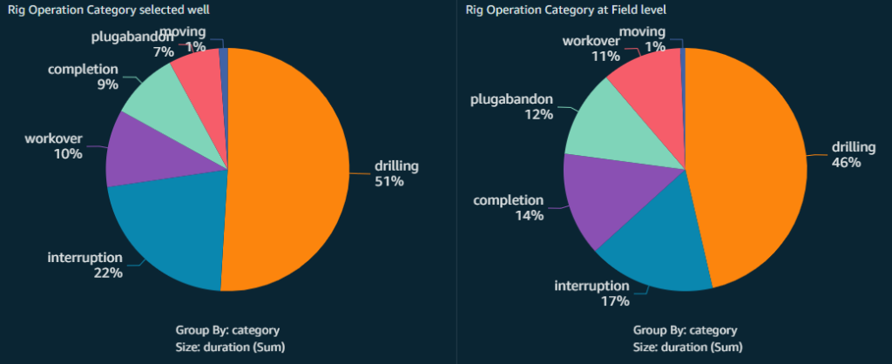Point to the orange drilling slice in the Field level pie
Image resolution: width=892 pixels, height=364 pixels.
(x=749, y=165)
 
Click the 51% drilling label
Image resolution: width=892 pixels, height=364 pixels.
(x=396, y=173)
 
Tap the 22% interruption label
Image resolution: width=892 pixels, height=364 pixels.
(x=84, y=265)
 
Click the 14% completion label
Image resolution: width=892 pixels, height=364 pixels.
(x=509, y=207)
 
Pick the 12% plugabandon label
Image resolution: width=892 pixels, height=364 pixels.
(x=513, y=106)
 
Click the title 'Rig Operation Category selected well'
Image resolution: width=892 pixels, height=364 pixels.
(x=109, y=10)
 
